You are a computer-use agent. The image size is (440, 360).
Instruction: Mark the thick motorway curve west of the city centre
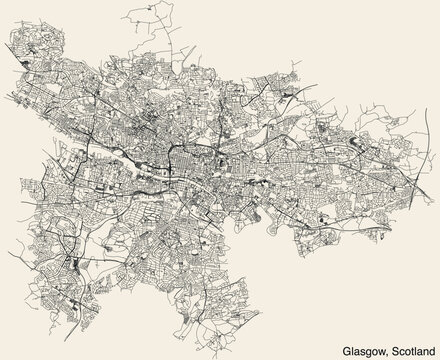point(110,150)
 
